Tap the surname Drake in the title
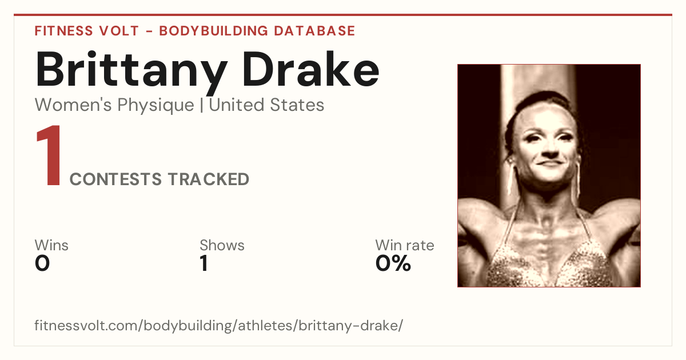pyautogui.click(x=311, y=69)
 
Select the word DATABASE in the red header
pyautogui.click(x=314, y=31)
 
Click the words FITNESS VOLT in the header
pyautogui.click(x=87, y=31)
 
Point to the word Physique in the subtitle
pyautogui.click(x=155, y=106)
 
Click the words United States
pyautogui.click(x=266, y=105)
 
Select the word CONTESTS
pyautogui.click(x=115, y=179)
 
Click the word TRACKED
pyautogui.click(x=209, y=179)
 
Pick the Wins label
pyautogui.click(x=51, y=245)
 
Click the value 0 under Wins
pyautogui.click(x=42, y=263)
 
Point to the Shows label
pyautogui.click(x=222, y=245)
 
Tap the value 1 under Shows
pyautogui.click(x=204, y=263)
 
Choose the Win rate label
pyautogui.click(x=405, y=245)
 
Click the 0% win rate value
pyautogui.click(x=393, y=263)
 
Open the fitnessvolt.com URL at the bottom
pyautogui.click(x=218, y=326)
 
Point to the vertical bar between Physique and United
pyautogui.click(x=201, y=105)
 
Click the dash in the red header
pyautogui.click(x=149, y=31)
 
